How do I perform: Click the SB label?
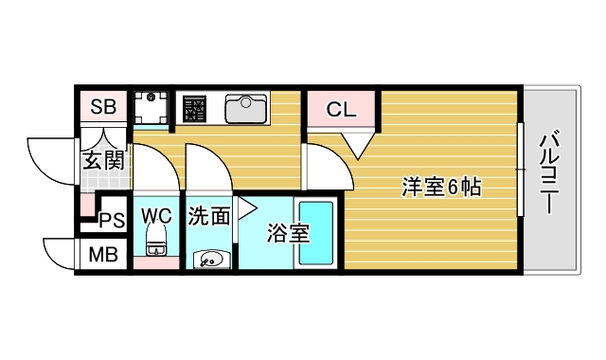pyautogui.click(x=103, y=107)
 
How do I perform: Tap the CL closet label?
pyautogui.click(x=341, y=110)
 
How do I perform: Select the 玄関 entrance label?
pyautogui.click(x=104, y=160)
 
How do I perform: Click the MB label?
pyautogui.click(x=103, y=254)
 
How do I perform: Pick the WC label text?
pyautogui.click(x=156, y=214)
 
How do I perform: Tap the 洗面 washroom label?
pyautogui.click(x=208, y=216)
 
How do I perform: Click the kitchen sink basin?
pyautogui.click(x=246, y=109)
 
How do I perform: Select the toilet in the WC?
pyautogui.click(x=156, y=242)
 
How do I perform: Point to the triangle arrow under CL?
pyautogui.click(x=358, y=145)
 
